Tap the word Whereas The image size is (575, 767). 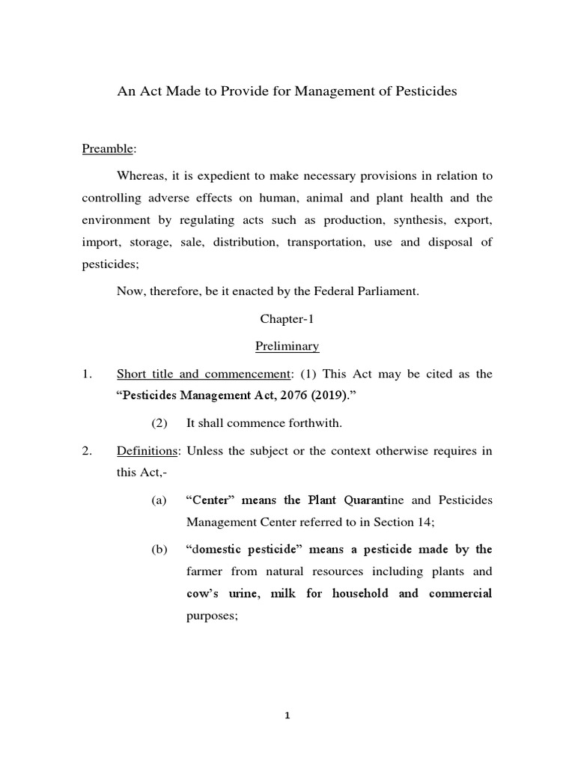pyautogui.click(x=142, y=176)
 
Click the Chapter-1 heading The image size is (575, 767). pyautogui.click(x=287, y=318)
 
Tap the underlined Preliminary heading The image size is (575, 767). pyautogui.click(x=287, y=346)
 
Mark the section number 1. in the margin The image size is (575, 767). pyautogui.click(x=88, y=374)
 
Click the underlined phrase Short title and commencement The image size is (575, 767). pyautogui.click(x=198, y=374)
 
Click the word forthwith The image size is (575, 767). pyautogui.click(x=310, y=423)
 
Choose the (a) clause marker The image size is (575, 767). pyautogui.click(x=159, y=500)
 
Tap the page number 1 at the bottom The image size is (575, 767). pyautogui.click(x=287, y=715)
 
